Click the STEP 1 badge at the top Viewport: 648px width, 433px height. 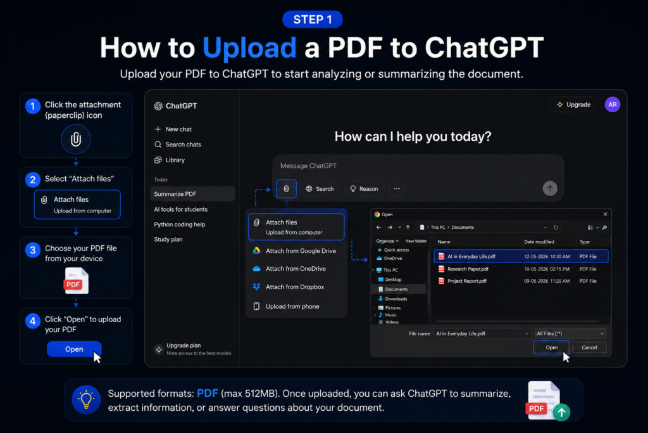pos(313,20)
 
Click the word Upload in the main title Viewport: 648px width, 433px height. pos(249,48)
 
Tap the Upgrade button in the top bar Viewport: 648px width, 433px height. pos(573,105)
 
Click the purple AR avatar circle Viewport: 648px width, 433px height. pos(613,105)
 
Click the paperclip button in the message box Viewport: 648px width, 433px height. pos(286,189)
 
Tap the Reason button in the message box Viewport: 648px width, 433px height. pos(364,189)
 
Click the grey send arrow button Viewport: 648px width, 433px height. pos(550,189)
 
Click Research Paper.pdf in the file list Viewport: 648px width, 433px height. pos(468,269)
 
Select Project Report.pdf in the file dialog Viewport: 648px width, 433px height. pos(466,281)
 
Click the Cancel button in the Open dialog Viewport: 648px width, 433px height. pos(589,347)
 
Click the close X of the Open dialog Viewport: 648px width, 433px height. pos(605,214)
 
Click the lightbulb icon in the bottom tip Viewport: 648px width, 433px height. pos(86,400)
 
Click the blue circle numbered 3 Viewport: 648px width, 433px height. pos(33,250)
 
